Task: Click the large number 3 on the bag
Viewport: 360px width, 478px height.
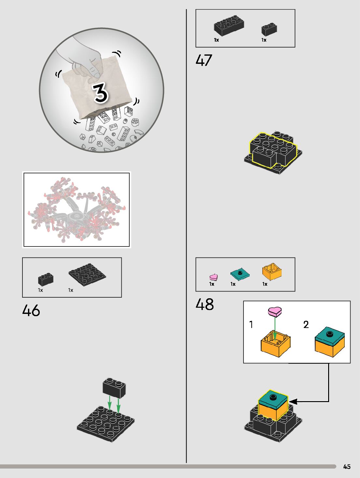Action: [101, 93]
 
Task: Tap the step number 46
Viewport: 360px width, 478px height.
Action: [31, 310]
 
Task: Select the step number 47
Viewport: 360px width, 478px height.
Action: [204, 60]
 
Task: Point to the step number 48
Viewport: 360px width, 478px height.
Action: [205, 304]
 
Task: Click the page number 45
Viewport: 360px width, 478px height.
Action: [347, 467]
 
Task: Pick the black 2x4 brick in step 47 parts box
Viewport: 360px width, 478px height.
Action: [229, 25]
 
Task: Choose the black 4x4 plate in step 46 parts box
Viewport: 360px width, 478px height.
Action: [87, 275]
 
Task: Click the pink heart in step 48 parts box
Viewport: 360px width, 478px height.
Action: [214, 277]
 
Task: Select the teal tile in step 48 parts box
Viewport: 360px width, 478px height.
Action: [240, 274]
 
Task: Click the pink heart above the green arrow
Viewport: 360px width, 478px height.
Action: [275, 312]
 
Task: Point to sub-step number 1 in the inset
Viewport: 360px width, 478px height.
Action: [251, 324]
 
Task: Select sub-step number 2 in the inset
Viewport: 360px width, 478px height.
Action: [306, 324]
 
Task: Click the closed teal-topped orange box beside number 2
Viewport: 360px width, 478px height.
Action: [329, 343]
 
